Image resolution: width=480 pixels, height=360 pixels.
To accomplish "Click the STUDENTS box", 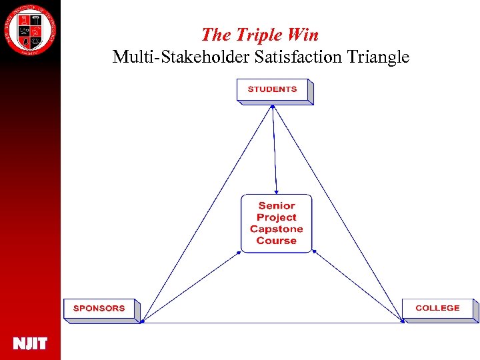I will pyautogui.click(x=273, y=90).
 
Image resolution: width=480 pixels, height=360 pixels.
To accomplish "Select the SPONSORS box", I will pyautogui.click(x=100, y=309).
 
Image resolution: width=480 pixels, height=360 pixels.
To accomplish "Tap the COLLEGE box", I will pyautogui.click(x=437, y=309).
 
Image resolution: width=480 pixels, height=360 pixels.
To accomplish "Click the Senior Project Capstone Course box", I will pyautogui.click(x=276, y=223).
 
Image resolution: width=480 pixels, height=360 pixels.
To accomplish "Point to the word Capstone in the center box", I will pyautogui.click(x=276, y=229).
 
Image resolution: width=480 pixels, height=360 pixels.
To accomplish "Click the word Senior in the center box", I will pyautogui.click(x=276, y=206).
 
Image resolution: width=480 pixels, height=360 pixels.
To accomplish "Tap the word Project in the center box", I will pyautogui.click(x=276, y=217).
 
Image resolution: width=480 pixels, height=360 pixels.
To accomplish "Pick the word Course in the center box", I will pyautogui.click(x=276, y=241).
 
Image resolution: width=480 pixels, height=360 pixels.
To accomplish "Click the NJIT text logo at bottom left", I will pyautogui.click(x=30, y=344).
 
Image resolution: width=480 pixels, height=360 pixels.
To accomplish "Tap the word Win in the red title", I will pyautogui.click(x=304, y=34).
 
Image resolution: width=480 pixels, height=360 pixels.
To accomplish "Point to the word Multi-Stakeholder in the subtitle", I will pyautogui.click(x=181, y=57).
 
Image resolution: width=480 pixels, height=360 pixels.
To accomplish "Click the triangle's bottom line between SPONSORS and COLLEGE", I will pyautogui.click(x=273, y=323).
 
